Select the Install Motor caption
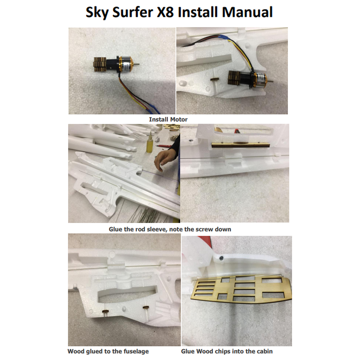pyautogui.click(x=168, y=119)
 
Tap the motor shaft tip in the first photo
pyautogui.click(x=139, y=64)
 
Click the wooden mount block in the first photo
pyautogui.click(x=100, y=64)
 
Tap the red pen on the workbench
pyautogui.click(x=165, y=146)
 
